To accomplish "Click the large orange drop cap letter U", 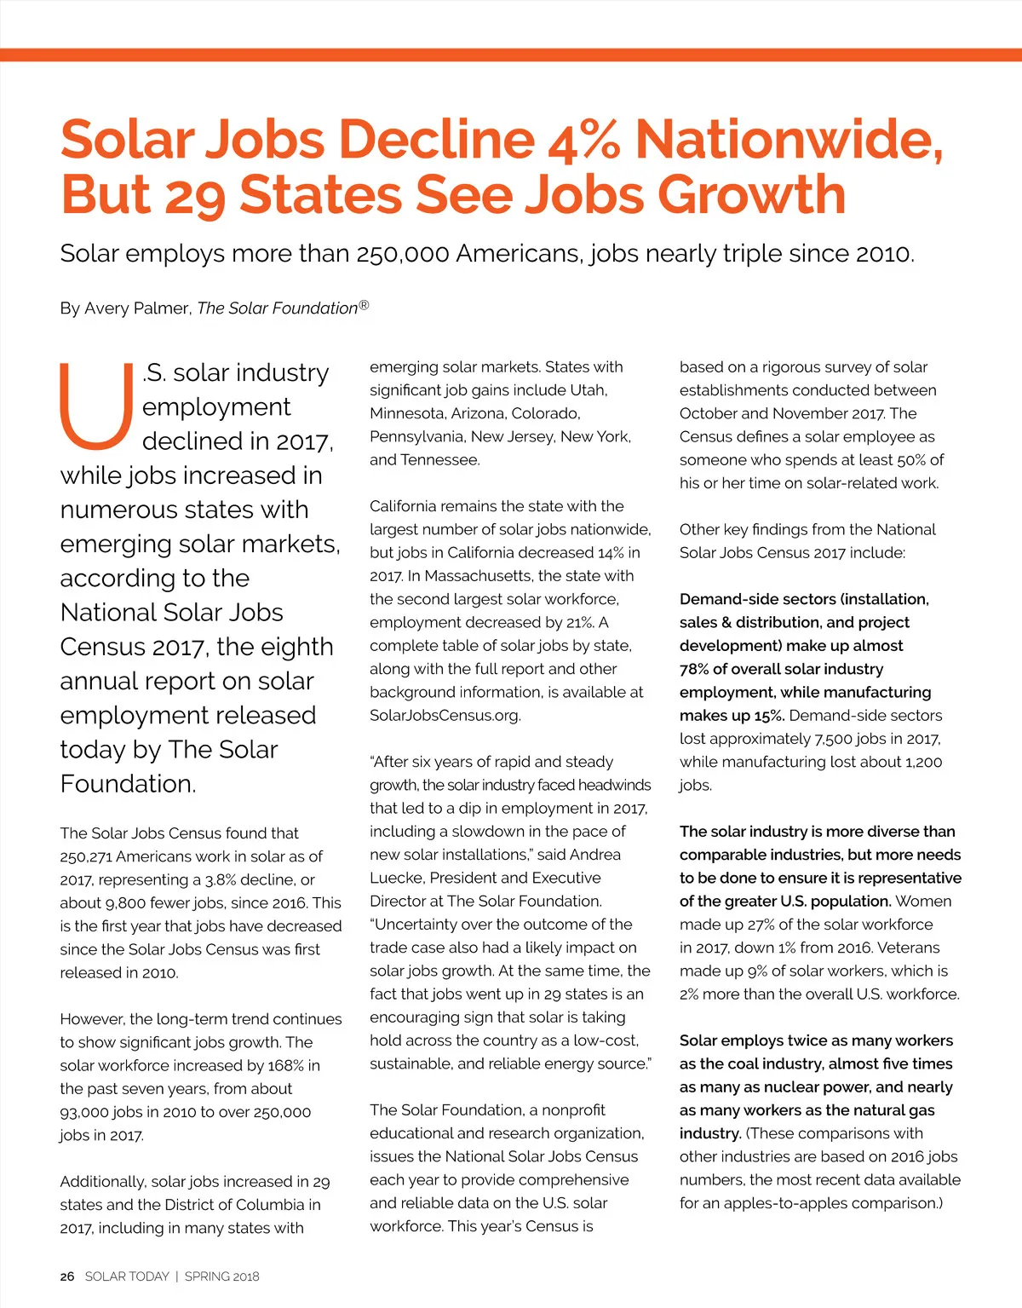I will tap(95, 406).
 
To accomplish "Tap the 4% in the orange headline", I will tap(584, 139).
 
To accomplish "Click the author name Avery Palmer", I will tap(136, 308).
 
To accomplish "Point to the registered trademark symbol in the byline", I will tap(364, 304).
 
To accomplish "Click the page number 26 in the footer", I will tap(67, 1276).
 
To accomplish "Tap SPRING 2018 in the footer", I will tap(221, 1276).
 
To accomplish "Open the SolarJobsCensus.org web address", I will tap(445, 716).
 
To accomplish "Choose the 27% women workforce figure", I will tap(762, 925).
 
